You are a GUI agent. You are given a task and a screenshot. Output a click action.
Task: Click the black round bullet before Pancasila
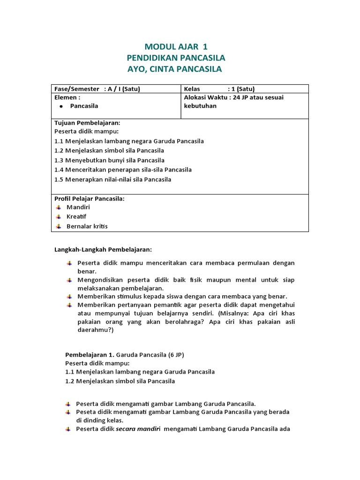click(x=61, y=106)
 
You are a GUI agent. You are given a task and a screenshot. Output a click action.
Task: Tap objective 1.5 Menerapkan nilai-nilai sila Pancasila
click(x=112, y=180)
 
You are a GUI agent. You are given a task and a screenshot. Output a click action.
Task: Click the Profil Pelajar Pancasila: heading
click(x=90, y=199)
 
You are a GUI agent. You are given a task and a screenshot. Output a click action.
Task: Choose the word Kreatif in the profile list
click(x=76, y=217)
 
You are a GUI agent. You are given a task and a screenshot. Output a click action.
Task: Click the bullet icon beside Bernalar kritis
click(x=58, y=226)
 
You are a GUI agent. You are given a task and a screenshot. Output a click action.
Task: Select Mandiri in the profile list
click(x=78, y=207)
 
